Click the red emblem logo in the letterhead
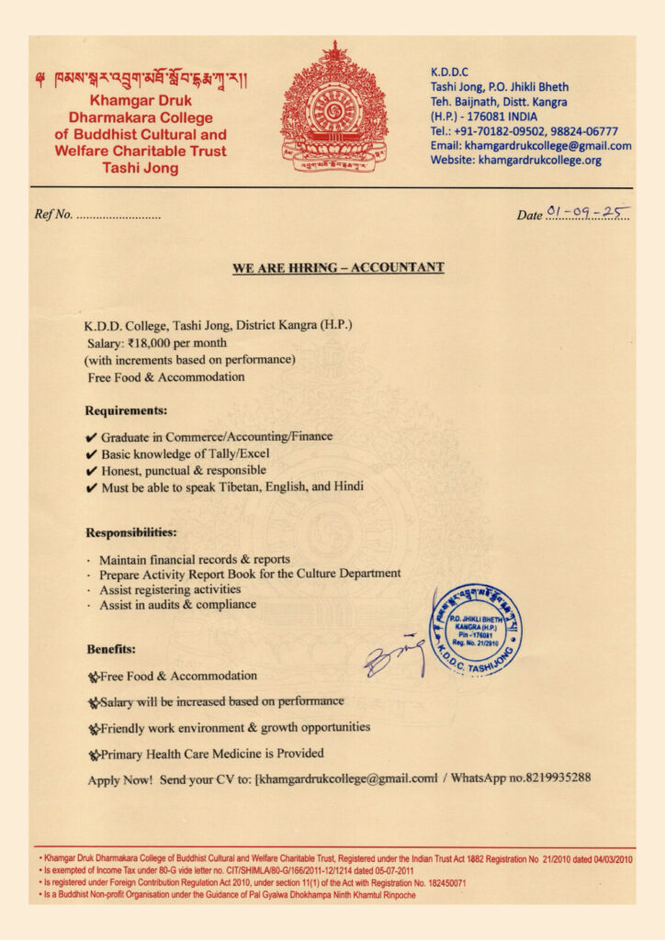tap(334, 106)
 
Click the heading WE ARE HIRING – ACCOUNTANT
tap(338, 268)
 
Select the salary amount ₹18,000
tap(161, 341)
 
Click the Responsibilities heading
tap(131, 532)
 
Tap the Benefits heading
tap(111, 649)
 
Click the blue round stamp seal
tap(476, 630)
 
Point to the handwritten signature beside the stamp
tap(393, 654)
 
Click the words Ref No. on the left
tap(53, 215)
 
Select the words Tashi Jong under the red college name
tap(141, 169)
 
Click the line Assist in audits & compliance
tap(177, 605)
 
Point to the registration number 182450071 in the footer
tap(439, 882)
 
